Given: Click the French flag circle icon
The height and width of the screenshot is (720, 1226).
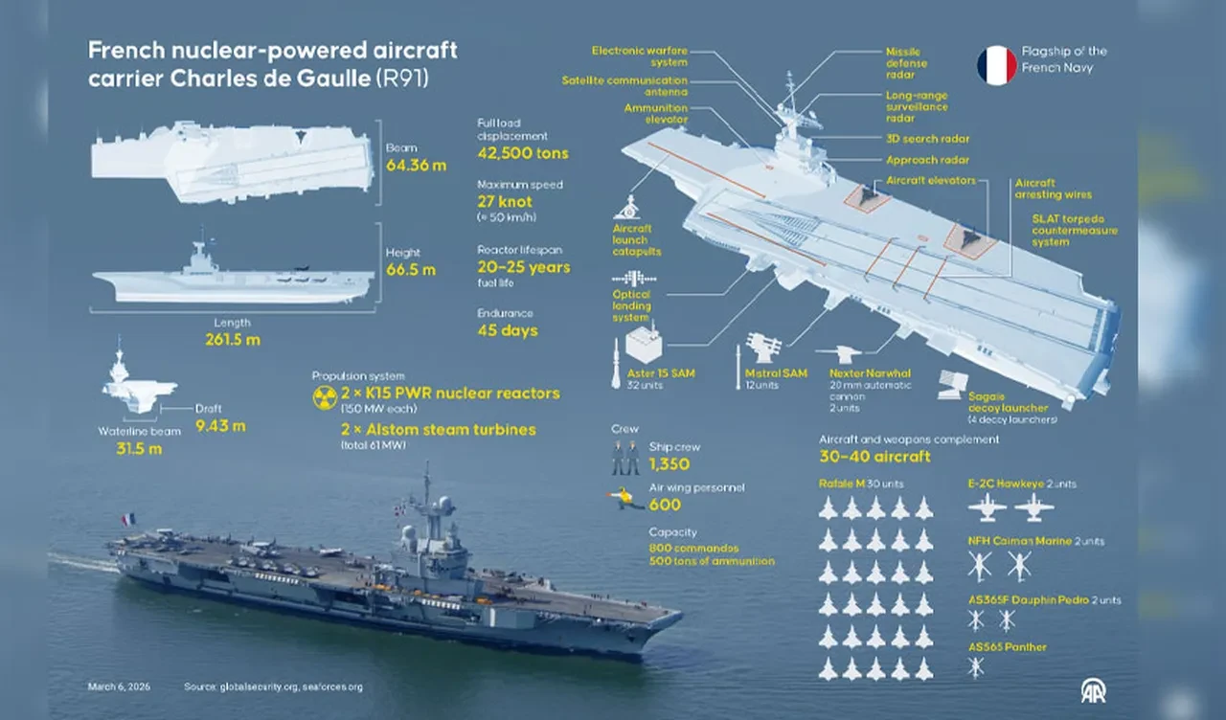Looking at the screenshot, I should point(997,65).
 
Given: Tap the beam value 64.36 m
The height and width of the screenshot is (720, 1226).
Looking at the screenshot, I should point(416,166).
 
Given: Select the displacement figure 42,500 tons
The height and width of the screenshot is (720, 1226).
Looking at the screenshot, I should point(522,153).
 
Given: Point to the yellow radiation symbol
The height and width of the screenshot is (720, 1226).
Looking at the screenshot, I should point(325,398).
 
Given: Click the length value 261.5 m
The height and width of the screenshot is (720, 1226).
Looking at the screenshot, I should point(232,339).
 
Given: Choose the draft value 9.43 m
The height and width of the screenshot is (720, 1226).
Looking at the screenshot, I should point(220,425).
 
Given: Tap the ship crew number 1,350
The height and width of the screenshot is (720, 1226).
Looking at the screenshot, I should point(670,464).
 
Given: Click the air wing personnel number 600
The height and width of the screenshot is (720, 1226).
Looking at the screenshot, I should point(665,505).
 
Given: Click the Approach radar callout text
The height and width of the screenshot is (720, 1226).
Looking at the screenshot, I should point(927,160).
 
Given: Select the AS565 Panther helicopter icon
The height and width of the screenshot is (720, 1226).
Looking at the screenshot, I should point(976,668).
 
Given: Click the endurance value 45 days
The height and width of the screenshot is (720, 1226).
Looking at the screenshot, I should point(508,331).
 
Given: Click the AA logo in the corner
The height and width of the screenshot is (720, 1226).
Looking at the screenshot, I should point(1093,691).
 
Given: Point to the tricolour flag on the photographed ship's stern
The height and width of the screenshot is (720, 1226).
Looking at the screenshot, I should point(128,519).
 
